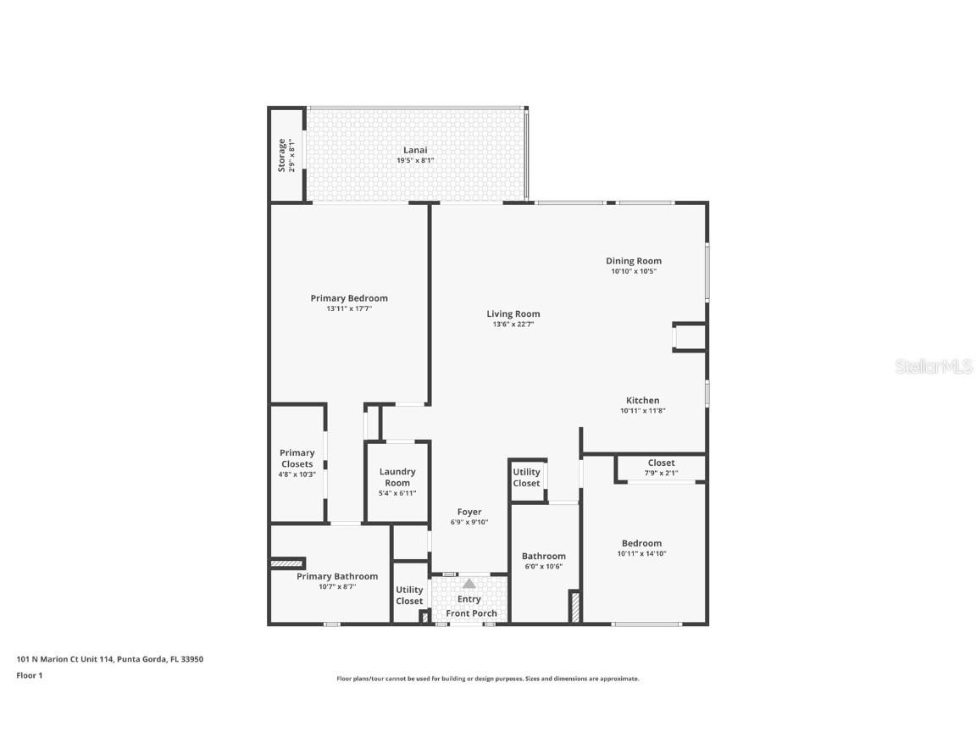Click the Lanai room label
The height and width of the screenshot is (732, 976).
[415, 150]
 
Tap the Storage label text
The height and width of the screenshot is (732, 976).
[282, 155]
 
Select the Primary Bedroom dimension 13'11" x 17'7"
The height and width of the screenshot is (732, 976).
[349, 309]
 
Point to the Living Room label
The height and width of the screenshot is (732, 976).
[513, 313]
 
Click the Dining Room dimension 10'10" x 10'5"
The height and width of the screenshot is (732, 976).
[634, 272]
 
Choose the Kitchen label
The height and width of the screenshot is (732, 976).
[642, 401]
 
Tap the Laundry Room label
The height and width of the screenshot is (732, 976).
[397, 477]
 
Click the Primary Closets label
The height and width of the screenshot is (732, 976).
[297, 458]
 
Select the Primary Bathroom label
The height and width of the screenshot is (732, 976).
[337, 576]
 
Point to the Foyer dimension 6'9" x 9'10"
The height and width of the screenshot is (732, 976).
[469, 523]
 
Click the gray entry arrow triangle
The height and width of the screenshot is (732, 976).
[469, 583]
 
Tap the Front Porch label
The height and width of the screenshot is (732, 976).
[472, 613]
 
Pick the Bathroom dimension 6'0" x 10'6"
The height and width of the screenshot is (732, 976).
[543, 567]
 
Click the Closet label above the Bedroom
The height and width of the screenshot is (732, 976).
[661, 463]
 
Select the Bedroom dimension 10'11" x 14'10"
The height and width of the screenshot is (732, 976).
[641, 554]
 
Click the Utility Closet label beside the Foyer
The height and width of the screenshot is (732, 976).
[526, 478]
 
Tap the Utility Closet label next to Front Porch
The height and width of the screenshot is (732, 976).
[409, 596]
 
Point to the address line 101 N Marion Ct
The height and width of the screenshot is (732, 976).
[110, 659]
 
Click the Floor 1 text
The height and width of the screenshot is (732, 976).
[29, 675]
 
